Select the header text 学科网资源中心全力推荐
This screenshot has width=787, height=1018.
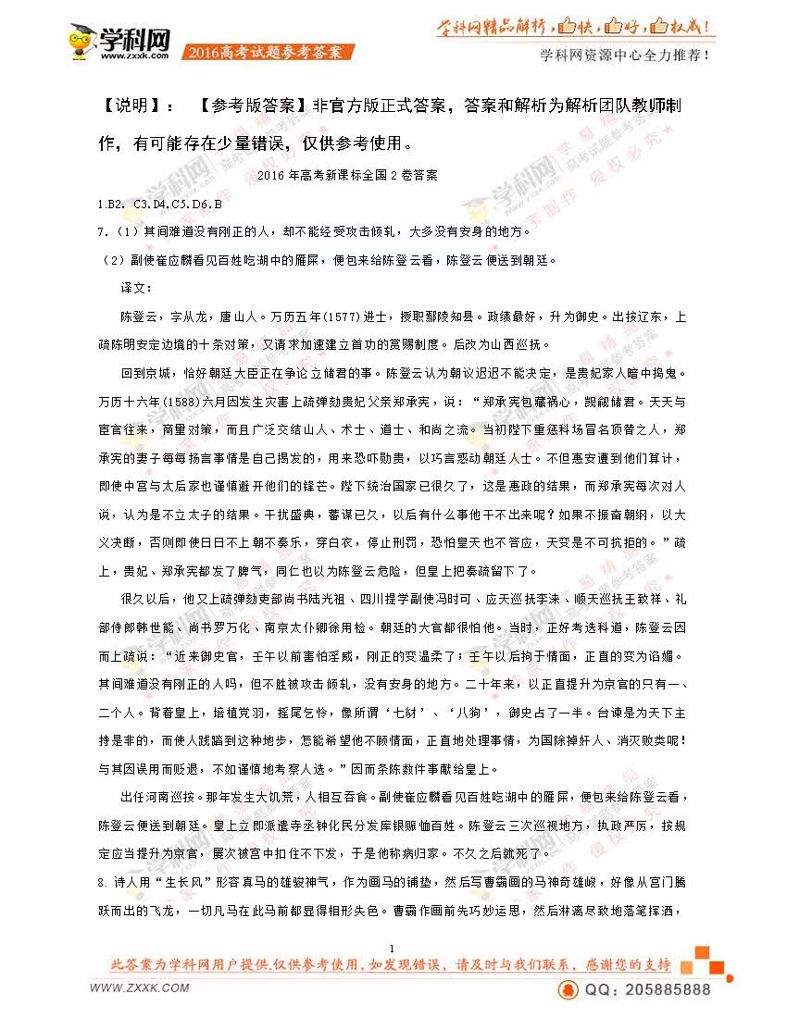click(x=625, y=55)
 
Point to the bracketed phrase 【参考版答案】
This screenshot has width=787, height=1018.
click(x=254, y=106)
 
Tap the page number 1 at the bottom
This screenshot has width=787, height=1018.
click(x=393, y=948)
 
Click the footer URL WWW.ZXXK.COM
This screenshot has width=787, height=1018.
click(x=140, y=987)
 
